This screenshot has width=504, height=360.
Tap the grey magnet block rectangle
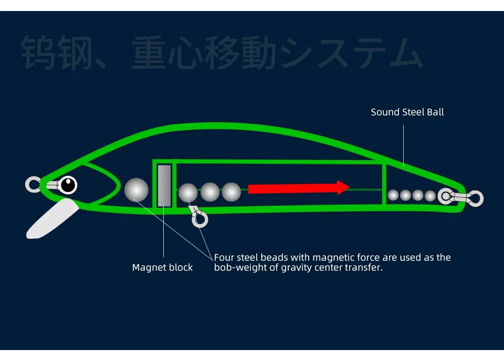(x=164, y=185)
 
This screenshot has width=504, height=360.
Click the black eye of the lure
(x=68, y=185)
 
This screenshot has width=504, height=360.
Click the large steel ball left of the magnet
(x=136, y=189)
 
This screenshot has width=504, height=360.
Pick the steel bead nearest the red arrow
(x=231, y=193)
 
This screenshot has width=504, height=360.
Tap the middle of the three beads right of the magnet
(x=210, y=193)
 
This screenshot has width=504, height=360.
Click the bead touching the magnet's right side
(x=188, y=193)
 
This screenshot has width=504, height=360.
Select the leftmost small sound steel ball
(x=393, y=195)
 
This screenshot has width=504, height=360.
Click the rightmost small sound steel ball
(x=430, y=196)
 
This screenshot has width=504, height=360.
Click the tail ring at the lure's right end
(x=476, y=198)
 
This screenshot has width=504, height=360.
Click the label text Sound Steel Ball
(x=407, y=112)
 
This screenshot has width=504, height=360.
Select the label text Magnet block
(x=162, y=268)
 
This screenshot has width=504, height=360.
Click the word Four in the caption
(x=224, y=258)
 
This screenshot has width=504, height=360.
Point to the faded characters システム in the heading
(x=352, y=52)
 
